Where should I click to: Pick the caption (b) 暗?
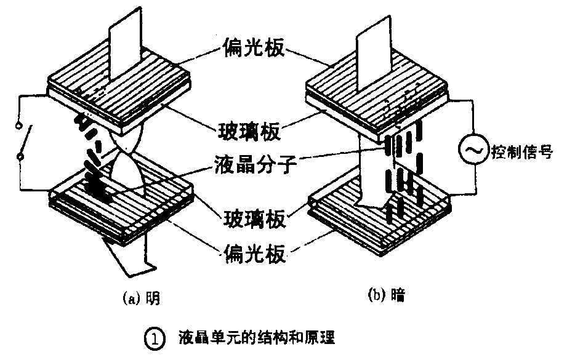[x=387, y=297]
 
